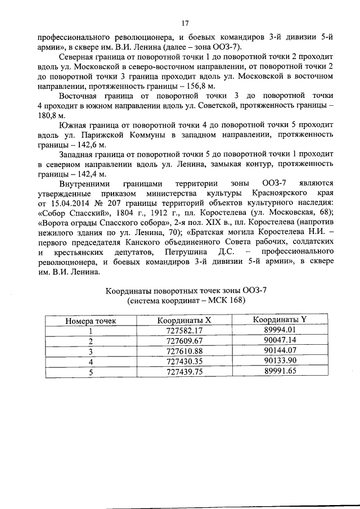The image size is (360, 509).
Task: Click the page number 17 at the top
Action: pyautogui.click(x=184, y=23)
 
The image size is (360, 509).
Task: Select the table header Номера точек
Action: pyautogui.click(x=91, y=321)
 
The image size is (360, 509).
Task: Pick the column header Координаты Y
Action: pyautogui.click(x=280, y=320)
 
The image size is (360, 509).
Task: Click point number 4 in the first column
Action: pyautogui.click(x=91, y=362)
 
